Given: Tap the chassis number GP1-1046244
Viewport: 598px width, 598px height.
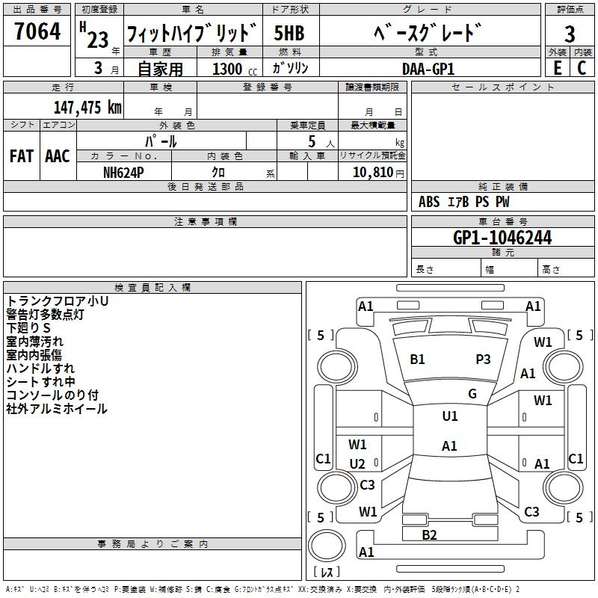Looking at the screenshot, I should pyautogui.click(x=503, y=238).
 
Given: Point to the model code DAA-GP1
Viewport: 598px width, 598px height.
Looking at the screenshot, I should pyautogui.click(x=428, y=68).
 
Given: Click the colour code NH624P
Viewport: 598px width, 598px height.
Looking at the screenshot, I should pyautogui.click(x=124, y=172).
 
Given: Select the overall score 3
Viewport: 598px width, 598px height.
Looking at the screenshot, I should pyautogui.click(x=570, y=34).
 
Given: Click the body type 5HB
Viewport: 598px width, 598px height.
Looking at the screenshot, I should pyautogui.click(x=289, y=34).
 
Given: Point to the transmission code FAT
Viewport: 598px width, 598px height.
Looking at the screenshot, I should pyautogui.click(x=21, y=156).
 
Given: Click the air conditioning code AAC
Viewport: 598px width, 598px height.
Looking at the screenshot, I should pyautogui.click(x=57, y=156).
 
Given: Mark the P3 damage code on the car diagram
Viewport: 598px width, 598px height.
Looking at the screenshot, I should pyautogui.click(x=483, y=360).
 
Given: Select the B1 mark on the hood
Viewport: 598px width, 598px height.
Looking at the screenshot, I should pyautogui.click(x=417, y=360).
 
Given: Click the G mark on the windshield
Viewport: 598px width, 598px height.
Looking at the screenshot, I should pyautogui.click(x=472, y=393).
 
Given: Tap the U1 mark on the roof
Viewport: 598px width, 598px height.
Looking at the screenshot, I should pyautogui.click(x=449, y=416).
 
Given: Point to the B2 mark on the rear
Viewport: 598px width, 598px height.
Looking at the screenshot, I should pyautogui.click(x=429, y=534).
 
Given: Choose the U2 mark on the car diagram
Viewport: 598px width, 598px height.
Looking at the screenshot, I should pyautogui.click(x=357, y=464).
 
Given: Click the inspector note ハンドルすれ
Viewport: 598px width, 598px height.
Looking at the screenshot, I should pyautogui.click(x=40, y=369).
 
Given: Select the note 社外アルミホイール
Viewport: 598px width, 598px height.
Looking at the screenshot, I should pyautogui.click(x=57, y=409).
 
